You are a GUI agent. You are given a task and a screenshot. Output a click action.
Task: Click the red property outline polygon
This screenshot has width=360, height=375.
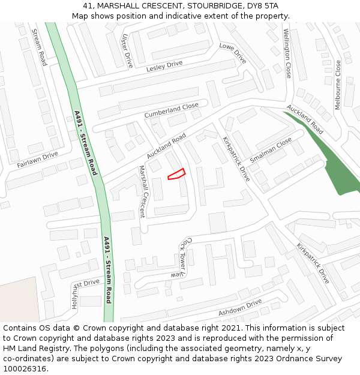click(x=176, y=174)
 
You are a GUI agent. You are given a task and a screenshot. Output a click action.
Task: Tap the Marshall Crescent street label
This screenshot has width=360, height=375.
click(x=142, y=191)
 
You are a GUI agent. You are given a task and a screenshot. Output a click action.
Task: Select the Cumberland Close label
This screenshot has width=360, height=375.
click(x=171, y=110)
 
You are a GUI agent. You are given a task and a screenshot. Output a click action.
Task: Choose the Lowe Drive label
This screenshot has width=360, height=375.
click(x=233, y=53)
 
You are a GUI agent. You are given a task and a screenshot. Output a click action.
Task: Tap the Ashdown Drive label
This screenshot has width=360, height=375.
click(x=240, y=308)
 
